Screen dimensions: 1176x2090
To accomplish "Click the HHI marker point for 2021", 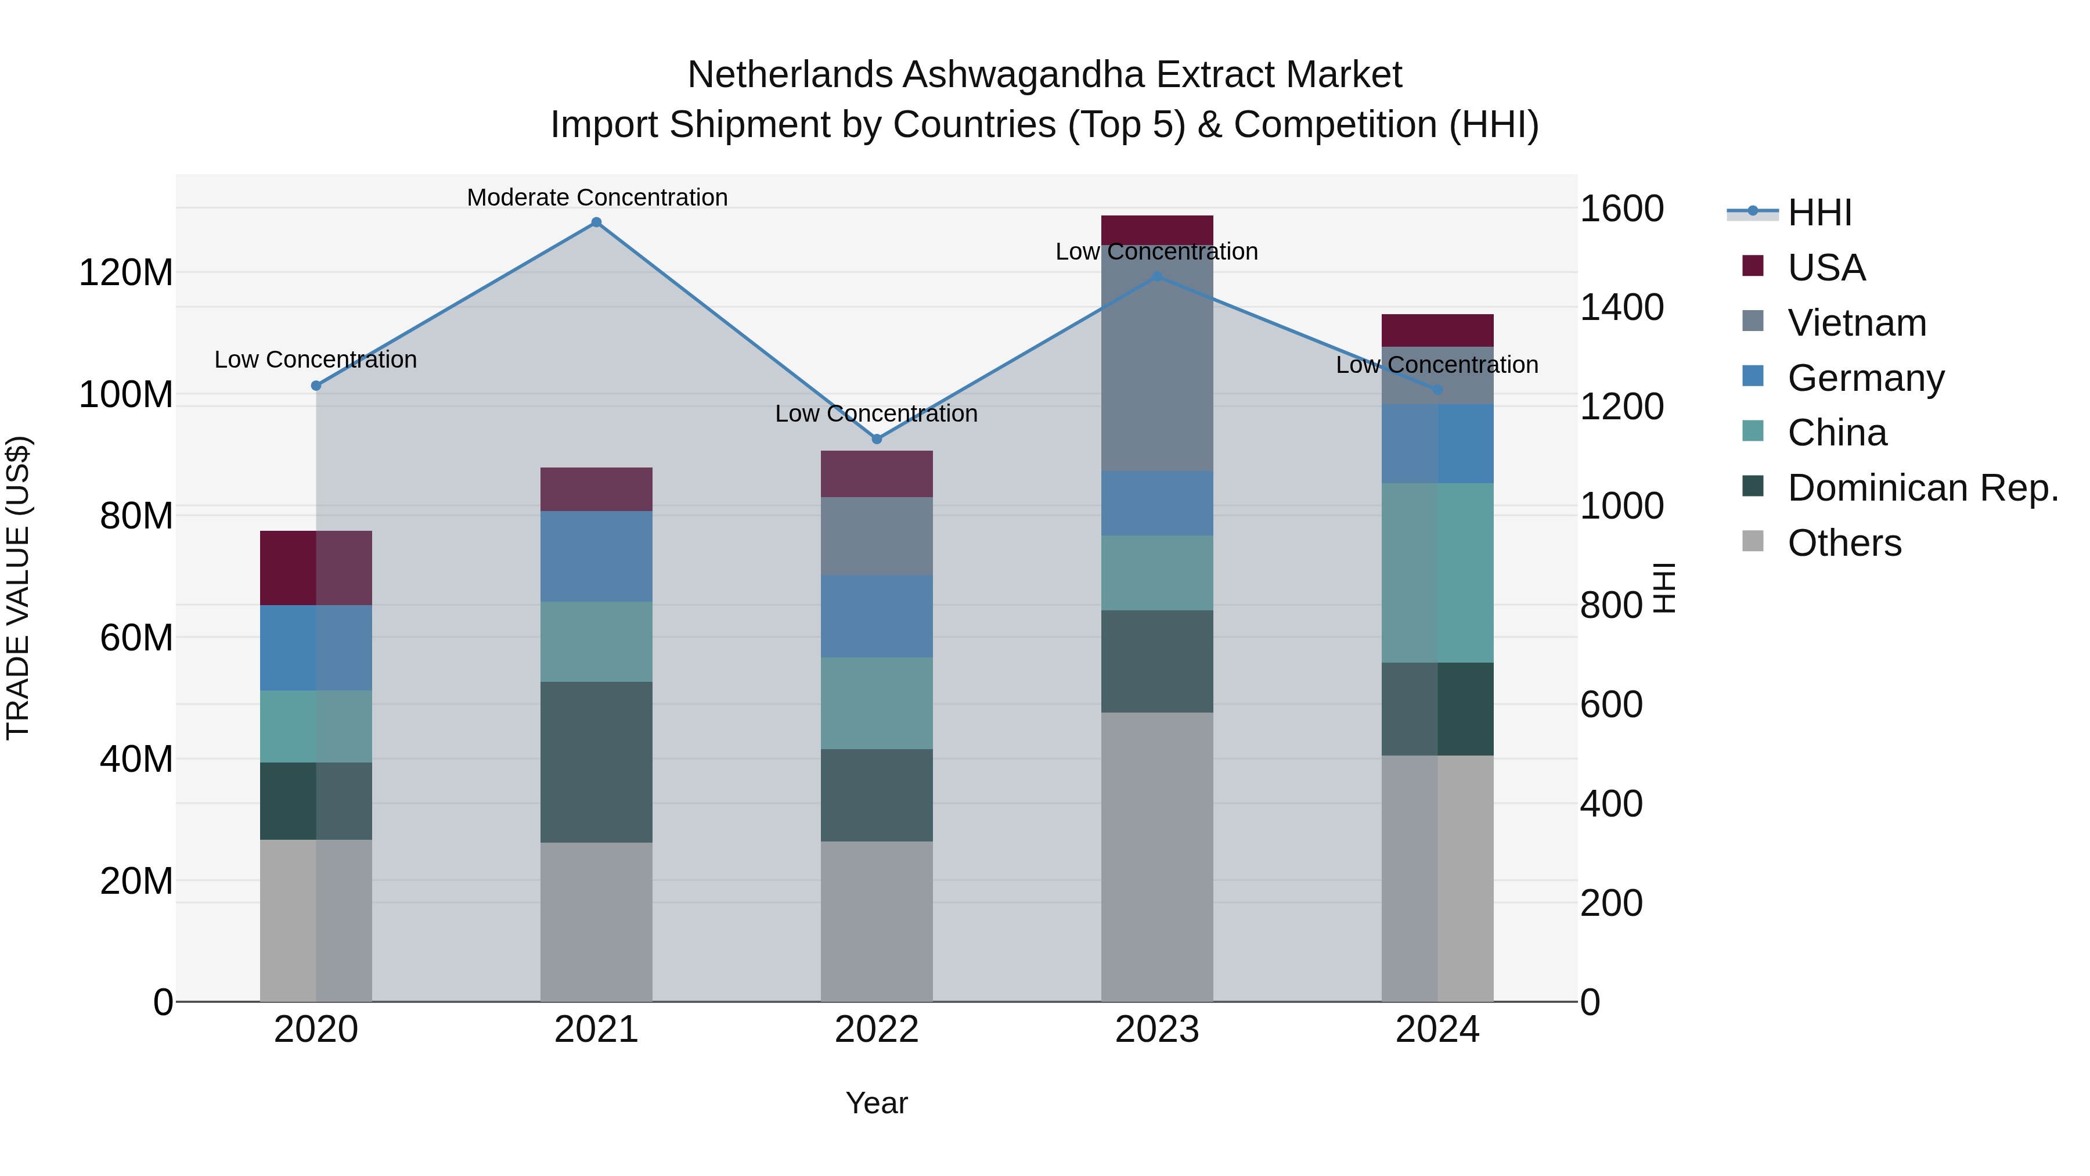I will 596,222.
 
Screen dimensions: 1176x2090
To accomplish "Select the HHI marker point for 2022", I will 876,439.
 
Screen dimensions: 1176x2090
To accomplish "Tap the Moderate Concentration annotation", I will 597,197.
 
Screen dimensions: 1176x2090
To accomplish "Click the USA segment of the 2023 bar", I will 1157,229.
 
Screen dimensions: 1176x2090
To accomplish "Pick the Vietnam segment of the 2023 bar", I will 1157,357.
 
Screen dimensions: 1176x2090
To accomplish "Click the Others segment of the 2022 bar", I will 876,921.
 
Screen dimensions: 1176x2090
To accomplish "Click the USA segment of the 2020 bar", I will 316,567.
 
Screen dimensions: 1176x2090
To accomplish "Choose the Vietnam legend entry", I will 1857,323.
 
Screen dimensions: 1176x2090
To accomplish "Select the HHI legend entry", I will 1819,213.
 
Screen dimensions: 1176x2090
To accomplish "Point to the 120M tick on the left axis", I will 126,273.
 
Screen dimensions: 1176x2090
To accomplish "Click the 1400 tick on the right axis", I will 1621,308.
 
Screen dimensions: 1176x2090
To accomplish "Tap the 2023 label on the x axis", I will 1157,1030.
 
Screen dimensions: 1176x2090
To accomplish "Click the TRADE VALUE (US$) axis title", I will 19,588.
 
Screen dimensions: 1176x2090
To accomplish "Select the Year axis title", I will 876,1103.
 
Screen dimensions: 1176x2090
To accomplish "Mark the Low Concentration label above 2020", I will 316,359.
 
